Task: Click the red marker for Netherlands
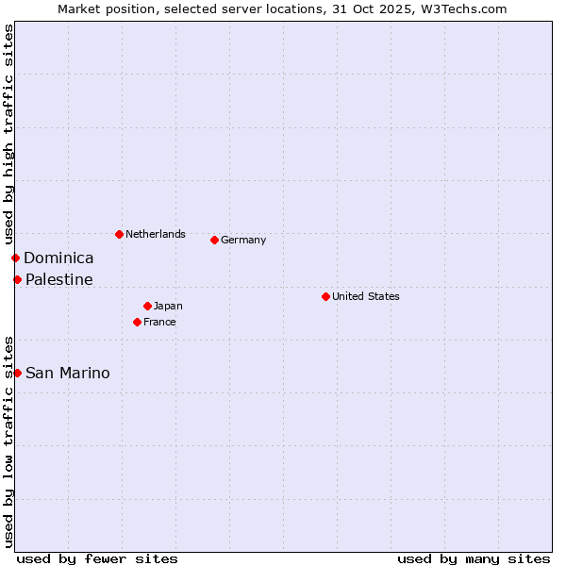coord(119,234)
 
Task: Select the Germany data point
coord(214,240)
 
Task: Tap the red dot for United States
coord(325,296)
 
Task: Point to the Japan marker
coord(147,306)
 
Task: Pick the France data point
coord(137,322)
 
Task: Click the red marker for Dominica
coord(15,258)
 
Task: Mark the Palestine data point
coord(17,279)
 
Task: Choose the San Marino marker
coord(17,373)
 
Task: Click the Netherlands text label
coord(155,234)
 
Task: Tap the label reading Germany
coord(243,240)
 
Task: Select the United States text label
coord(365,296)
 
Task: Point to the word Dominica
coord(58,258)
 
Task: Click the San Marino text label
coord(67,373)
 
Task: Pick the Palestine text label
coord(58,279)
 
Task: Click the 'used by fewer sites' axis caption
coord(97,558)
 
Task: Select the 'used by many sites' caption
coord(474,558)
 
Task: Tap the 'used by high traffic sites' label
coord(8,134)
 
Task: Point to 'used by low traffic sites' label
coord(8,441)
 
